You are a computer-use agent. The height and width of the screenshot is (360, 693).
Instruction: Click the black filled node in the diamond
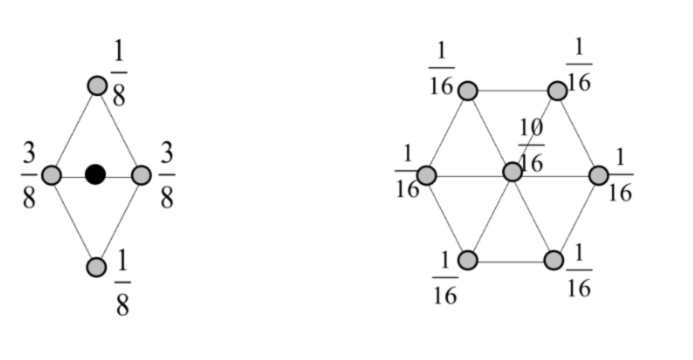(x=95, y=174)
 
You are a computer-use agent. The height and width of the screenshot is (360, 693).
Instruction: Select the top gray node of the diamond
(x=97, y=85)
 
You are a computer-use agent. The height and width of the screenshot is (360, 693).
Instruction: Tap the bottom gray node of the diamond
(x=96, y=267)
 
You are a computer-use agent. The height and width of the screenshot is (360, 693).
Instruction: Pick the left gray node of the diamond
(x=51, y=175)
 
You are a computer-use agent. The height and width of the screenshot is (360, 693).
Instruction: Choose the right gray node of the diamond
(x=141, y=175)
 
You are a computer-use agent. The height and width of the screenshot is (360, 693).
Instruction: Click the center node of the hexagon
(x=512, y=172)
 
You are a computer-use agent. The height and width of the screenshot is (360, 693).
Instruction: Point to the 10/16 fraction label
(x=531, y=145)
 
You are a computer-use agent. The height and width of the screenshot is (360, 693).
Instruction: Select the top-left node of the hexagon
(x=468, y=91)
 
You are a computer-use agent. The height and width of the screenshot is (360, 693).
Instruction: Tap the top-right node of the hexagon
(x=557, y=91)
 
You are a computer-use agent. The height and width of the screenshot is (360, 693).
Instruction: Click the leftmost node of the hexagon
(x=426, y=175)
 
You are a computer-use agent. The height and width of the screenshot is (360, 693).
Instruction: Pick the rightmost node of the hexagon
(x=598, y=175)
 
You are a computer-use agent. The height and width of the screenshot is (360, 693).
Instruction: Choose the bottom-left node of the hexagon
(x=468, y=260)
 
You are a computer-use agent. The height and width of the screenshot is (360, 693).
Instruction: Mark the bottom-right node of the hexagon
(x=554, y=260)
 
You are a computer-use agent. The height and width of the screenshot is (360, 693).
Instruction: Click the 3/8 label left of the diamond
(x=29, y=176)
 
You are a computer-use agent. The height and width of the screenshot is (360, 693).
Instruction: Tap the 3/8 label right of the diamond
(x=166, y=176)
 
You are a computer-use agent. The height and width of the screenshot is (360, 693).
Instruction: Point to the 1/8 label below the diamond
(x=122, y=283)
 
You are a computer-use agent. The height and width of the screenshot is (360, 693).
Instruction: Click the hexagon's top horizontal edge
(x=512, y=91)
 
